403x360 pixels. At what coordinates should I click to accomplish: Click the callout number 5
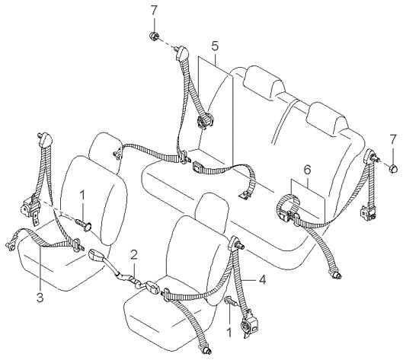(215, 46)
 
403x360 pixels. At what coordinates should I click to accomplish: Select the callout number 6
(307, 170)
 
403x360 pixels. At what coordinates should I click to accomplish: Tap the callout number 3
(40, 298)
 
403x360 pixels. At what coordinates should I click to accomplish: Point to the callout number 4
(262, 279)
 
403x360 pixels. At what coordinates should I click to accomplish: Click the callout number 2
(134, 255)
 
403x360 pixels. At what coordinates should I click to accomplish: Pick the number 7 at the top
(154, 10)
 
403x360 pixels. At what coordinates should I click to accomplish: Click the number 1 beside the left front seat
(82, 196)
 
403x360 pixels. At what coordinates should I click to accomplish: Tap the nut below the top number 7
(154, 37)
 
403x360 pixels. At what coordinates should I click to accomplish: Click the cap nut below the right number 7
(393, 170)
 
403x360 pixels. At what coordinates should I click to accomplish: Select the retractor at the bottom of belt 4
(248, 324)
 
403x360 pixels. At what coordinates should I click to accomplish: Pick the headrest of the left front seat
(105, 153)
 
